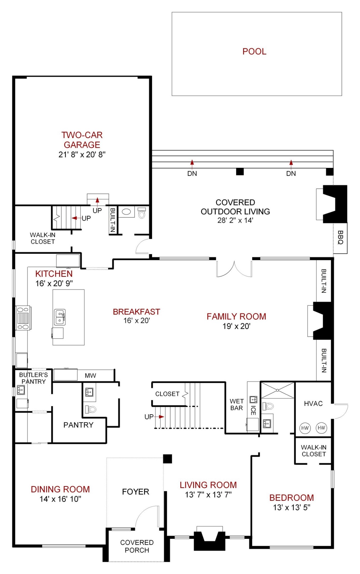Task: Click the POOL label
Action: (254, 51)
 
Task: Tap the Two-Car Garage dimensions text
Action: (82, 154)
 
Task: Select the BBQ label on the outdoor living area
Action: (340, 237)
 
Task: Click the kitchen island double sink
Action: (60, 317)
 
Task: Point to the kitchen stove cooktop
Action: (23, 318)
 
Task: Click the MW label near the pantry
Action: (90, 375)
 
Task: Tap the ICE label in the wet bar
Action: (253, 410)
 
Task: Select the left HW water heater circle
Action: (305, 428)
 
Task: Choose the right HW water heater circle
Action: (321, 428)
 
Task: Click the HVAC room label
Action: (313, 403)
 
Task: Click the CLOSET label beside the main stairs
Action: (167, 394)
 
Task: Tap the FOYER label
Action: (136, 492)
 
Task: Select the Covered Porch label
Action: (137, 546)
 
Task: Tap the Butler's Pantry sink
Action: (21, 390)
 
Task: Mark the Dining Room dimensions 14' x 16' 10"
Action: (60, 499)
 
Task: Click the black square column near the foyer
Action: (168, 459)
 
